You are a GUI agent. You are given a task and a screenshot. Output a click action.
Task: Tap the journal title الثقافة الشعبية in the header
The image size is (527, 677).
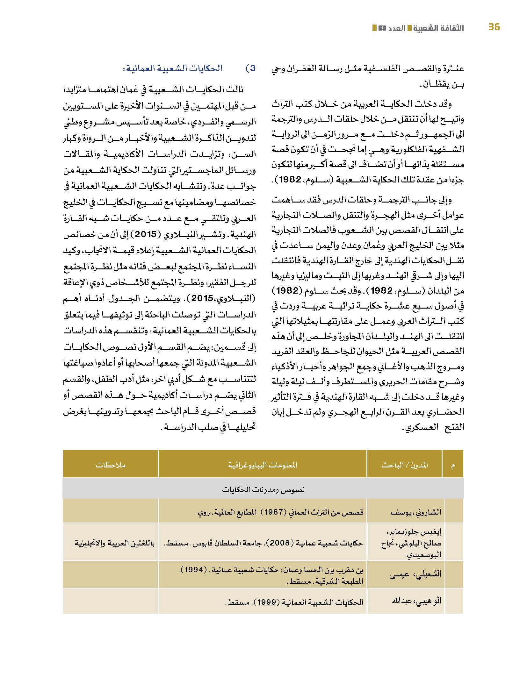point(439,28)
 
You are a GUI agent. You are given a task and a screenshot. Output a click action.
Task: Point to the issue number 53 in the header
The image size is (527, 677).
point(382,28)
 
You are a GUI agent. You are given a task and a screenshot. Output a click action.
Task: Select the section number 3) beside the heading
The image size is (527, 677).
point(251,68)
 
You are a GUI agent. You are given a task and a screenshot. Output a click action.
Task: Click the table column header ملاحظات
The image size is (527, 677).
point(110,465)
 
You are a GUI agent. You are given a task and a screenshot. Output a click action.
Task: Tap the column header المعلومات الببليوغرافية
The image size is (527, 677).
point(263,465)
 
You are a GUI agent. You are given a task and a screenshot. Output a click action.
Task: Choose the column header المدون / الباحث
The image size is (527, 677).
point(404,465)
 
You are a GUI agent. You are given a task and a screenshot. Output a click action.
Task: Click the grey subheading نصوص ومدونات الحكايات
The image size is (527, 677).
point(263,490)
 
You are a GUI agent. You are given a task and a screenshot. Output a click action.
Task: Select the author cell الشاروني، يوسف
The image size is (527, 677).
point(416,512)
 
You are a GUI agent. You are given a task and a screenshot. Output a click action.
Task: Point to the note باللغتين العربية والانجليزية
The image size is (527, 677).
point(113,543)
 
